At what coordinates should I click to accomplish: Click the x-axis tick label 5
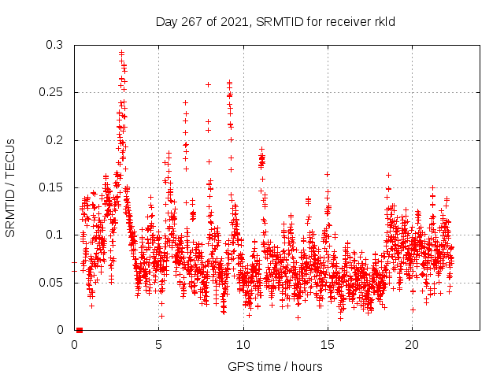pos(159,345)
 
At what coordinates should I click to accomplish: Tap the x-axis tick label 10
pos(243,345)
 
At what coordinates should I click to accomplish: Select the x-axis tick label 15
pos(328,345)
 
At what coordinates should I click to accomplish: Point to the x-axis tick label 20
pos(412,345)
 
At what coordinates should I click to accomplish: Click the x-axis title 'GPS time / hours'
pos(275,366)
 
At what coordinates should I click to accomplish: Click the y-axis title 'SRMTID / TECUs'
pos(11,188)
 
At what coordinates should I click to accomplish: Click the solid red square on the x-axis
pos(80,330)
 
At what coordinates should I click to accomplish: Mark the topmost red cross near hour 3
pos(121,53)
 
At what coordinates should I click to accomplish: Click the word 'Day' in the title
pos(167,21)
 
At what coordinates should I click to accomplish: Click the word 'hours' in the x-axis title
pos(306,366)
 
